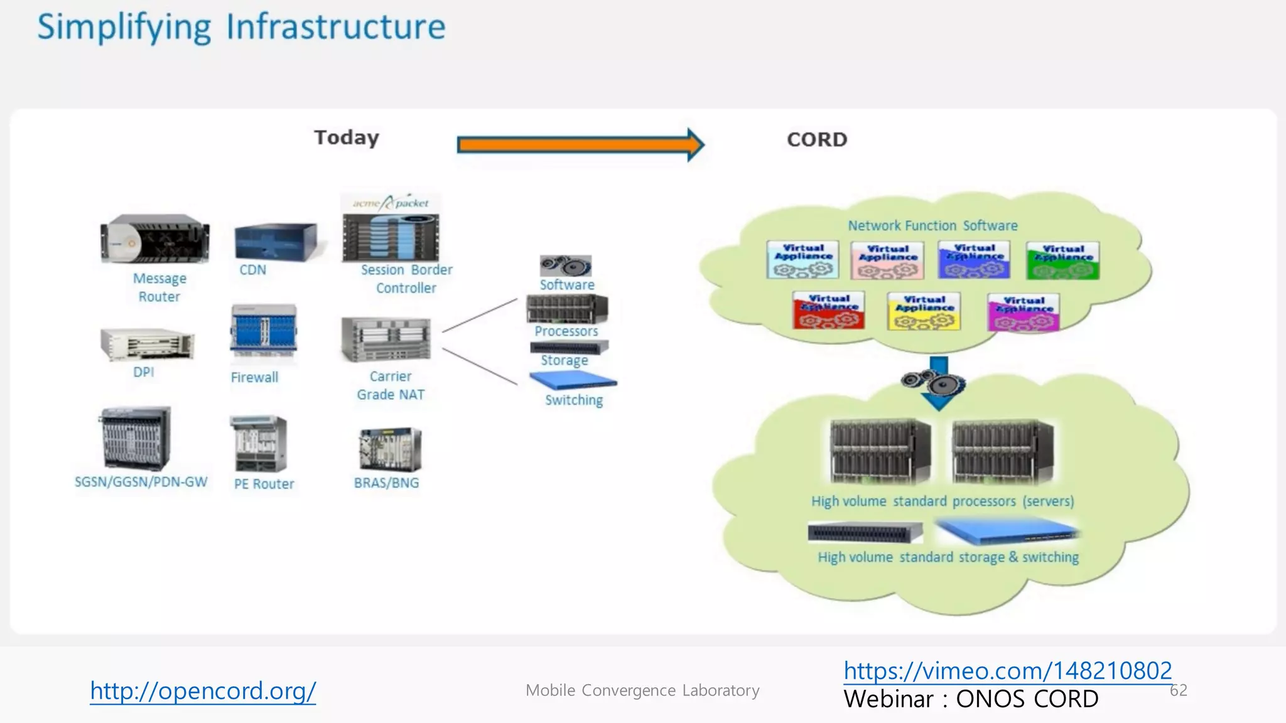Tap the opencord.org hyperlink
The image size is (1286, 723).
(x=202, y=691)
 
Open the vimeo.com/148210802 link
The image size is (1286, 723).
(x=1007, y=671)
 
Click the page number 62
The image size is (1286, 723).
(x=1178, y=690)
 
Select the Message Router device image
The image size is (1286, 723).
(x=155, y=239)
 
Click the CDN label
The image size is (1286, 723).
(x=252, y=270)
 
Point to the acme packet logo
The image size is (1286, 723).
(x=391, y=203)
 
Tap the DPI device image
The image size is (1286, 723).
(x=147, y=344)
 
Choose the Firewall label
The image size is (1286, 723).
(x=254, y=377)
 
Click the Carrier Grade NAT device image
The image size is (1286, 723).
(x=386, y=340)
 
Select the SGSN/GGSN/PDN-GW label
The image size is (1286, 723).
(x=141, y=482)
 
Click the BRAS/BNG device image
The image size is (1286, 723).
(x=390, y=449)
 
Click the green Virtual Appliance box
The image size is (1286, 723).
(x=1062, y=260)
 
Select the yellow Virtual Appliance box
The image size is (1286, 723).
(x=924, y=311)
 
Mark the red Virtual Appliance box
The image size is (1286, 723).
(x=828, y=310)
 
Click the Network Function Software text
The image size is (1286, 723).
(x=932, y=225)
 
